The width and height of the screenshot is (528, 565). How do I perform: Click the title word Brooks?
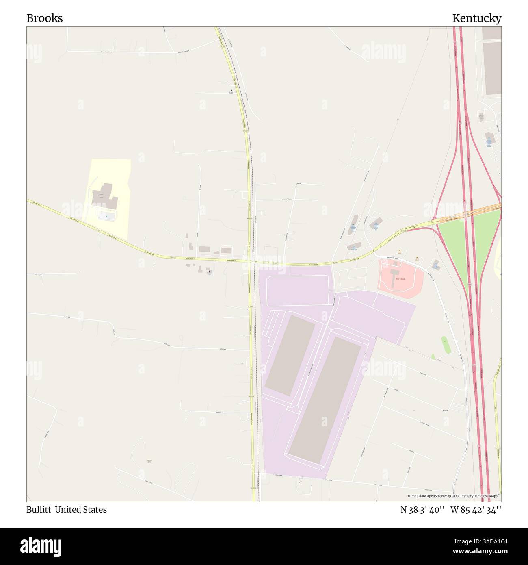tap(45, 18)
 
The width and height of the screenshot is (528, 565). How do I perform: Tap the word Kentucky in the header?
tap(476, 18)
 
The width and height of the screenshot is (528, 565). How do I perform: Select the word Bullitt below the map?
tap(38, 510)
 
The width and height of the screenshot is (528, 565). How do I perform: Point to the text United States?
tap(81, 510)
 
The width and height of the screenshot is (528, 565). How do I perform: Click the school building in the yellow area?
tap(104, 196)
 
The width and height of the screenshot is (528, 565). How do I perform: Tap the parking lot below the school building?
tap(107, 215)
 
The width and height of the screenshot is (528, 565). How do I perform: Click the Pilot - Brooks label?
tap(400, 279)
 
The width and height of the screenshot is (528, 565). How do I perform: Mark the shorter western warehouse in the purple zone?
tap(290, 355)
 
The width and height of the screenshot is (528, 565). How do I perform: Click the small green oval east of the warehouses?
tap(446, 345)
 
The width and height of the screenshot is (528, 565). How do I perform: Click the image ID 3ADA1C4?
tap(487, 541)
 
